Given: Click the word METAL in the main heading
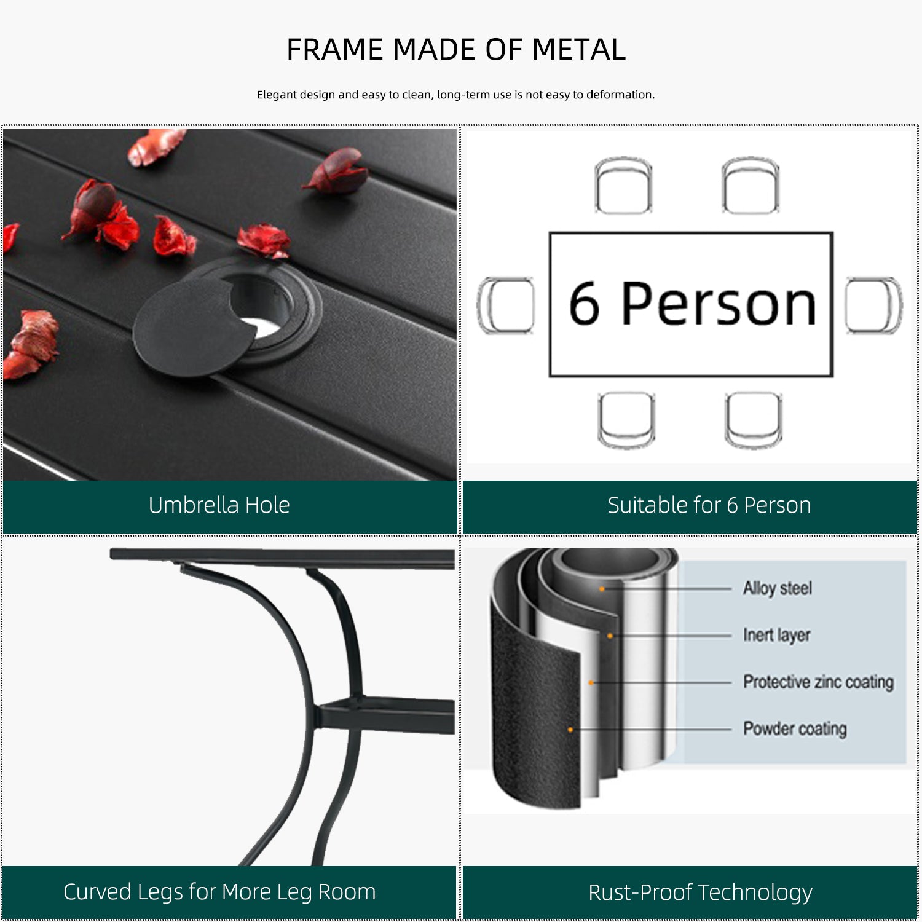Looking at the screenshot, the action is [578, 50].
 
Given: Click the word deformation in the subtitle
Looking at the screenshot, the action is [620, 95].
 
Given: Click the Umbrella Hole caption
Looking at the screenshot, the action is [219, 505].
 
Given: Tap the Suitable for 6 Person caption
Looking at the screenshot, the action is [709, 505].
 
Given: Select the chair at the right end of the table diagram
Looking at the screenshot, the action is [873, 305].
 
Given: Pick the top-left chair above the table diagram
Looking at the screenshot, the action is [623, 185].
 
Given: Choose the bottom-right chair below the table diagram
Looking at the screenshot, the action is [754, 420].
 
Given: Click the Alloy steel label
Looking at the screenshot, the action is [778, 588].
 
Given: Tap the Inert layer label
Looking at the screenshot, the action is [777, 635].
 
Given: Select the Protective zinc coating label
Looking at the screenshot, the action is [818, 682].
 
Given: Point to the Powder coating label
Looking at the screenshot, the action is [795, 728].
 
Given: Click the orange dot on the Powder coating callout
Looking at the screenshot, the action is [570, 730].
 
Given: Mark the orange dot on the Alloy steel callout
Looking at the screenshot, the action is [602, 589].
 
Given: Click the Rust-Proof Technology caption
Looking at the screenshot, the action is [700, 892].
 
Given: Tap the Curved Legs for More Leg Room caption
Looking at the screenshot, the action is [219, 892].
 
